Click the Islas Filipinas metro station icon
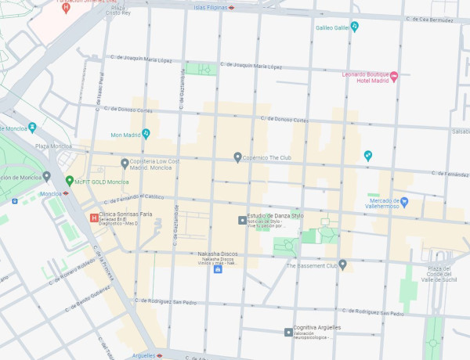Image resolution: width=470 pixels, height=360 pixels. point(232,6)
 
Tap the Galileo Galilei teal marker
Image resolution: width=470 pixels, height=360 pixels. point(354,27)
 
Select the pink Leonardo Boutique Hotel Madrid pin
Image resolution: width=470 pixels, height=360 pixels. point(394,76)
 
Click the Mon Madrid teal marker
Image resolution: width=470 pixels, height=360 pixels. point(146,134)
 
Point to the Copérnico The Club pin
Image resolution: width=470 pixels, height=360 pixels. point(238,157)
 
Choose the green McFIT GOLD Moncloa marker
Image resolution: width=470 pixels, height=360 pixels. point(69,181)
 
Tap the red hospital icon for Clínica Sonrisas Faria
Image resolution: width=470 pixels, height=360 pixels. point(94,218)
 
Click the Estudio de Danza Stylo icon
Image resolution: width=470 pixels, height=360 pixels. point(242,220)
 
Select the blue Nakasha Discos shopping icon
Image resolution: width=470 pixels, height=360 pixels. point(218,269)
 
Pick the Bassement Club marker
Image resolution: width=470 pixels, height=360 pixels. point(342,265)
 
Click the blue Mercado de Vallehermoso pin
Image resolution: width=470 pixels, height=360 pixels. point(404,202)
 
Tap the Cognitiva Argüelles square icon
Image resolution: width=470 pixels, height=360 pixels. point(287,333)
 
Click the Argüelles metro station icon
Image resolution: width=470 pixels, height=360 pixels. point(160,355)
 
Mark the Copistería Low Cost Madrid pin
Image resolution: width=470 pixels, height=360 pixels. point(125,163)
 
